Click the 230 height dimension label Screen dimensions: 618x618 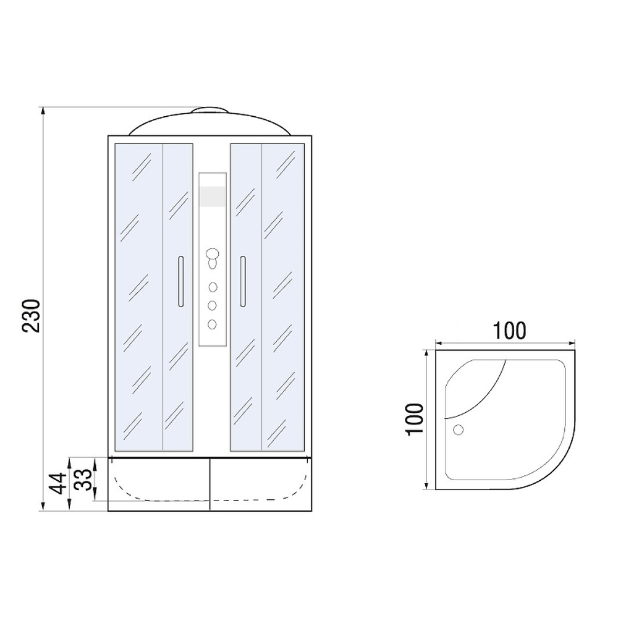click(x=32, y=316)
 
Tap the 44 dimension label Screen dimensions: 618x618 click(x=58, y=483)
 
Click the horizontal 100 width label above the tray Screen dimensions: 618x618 click(x=509, y=331)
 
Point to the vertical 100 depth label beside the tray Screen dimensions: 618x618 click(x=415, y=420)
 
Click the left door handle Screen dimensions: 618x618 click(x=180, y=281)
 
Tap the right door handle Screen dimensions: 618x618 click(x=243, y=281)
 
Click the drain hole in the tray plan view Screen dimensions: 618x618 click(x=459, y=430)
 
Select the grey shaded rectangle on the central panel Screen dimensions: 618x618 click(x=213, y=197)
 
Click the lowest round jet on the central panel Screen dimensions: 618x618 click(x=213, y=324)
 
